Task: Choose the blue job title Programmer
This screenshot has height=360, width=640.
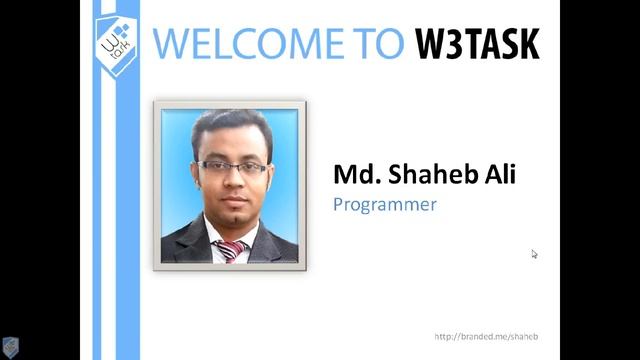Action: click(x=385, y=204)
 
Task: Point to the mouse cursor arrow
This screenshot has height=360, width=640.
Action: click(x=534, y=254)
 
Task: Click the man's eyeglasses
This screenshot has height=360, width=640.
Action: click(x=232, y=167)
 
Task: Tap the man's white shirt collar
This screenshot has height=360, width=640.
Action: click(x=216, y=239)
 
